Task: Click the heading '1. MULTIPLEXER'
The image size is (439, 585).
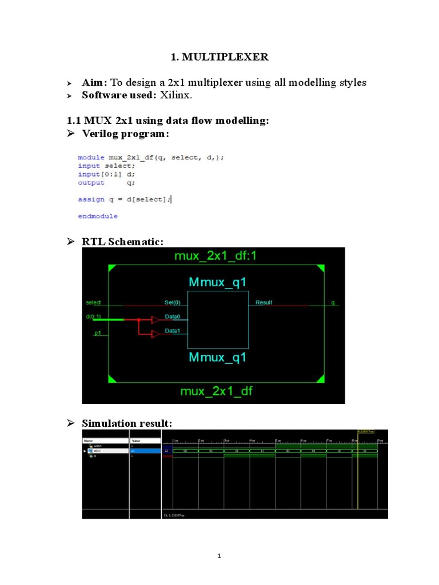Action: point(219,57)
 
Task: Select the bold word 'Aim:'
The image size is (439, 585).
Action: point(95,83)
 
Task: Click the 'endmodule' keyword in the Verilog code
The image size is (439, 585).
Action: point(98,217)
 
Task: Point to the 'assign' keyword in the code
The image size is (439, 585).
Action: point(91,199)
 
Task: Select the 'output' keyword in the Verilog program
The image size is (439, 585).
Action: point(91,183)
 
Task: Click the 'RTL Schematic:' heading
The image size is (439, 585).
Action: point(122,242)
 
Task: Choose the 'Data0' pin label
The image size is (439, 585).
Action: point(173,316)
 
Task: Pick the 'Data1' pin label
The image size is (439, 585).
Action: point(173,331)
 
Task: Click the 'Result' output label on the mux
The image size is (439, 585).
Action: point(264,302)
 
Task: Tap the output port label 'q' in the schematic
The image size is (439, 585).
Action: point(333,302)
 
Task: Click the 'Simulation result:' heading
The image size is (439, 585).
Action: point(126,423)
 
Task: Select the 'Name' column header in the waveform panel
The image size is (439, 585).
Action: point(89,441)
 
